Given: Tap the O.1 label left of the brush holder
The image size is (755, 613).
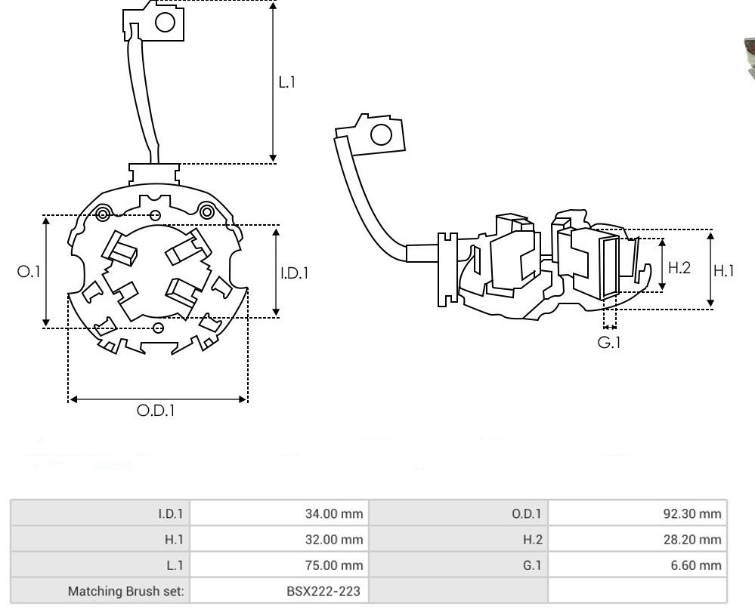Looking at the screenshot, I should click(29, 272).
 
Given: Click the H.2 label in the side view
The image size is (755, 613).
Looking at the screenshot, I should click(679, 267).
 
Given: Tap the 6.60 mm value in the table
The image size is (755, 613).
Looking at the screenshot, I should click(696, 565).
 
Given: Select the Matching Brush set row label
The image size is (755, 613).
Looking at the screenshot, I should click(125, 590).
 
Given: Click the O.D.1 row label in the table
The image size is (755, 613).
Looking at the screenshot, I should click(526, 515).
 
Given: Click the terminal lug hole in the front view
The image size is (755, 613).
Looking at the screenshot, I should click(165, 23).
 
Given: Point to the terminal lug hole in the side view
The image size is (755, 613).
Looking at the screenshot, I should click(382, 135).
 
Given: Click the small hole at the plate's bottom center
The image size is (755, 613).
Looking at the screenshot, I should click(158, 327).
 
